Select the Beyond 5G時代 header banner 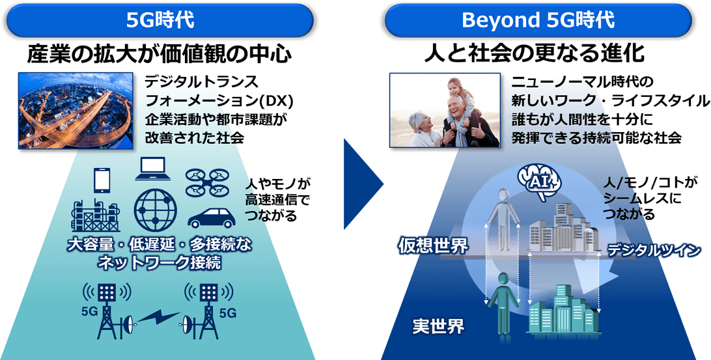[x=538, y=20]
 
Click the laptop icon [x=153, y=169]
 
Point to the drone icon [x=207, y=182]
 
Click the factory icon [x=96, y=216]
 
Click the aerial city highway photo [x=76, y=111]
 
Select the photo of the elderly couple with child [x=445, y=110]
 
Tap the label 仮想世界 [x=433, y=245]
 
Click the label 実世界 [x=438, y=326]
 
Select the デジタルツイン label [x=654, y=250]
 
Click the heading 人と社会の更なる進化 [x=534, y=53]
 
